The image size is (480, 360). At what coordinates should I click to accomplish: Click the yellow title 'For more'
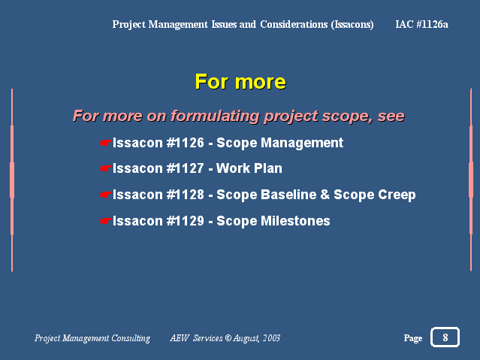click(240, 82)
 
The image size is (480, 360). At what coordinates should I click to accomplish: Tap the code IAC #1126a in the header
click(421, 24)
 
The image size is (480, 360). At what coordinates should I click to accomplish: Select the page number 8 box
click(445, 337)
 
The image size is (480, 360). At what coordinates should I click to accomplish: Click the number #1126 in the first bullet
click(186, 143)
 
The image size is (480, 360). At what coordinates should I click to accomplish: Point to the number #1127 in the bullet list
click(186, 168)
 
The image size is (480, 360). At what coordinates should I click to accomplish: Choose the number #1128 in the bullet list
click(186, 195)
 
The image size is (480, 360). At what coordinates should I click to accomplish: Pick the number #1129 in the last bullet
click(186, 221)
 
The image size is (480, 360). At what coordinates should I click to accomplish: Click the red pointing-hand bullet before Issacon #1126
click(106, 143)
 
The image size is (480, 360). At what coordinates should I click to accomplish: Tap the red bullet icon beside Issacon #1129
click(106, 221)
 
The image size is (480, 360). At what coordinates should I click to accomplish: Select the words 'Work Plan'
click(249, 168)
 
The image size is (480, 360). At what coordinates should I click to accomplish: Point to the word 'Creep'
click(397, 195)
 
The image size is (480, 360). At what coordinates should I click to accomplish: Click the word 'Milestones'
click(295, 221)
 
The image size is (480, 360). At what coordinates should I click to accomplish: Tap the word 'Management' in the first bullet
click(302, 143)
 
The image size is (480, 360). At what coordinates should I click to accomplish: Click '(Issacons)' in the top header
click(352, 25)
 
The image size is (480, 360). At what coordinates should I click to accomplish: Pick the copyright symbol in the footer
click(228, 338)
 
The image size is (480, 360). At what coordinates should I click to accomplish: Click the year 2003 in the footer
click(271, 338)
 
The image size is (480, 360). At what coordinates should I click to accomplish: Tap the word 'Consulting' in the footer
click(131, 338)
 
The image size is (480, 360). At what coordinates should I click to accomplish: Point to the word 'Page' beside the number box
click(413, 338)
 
